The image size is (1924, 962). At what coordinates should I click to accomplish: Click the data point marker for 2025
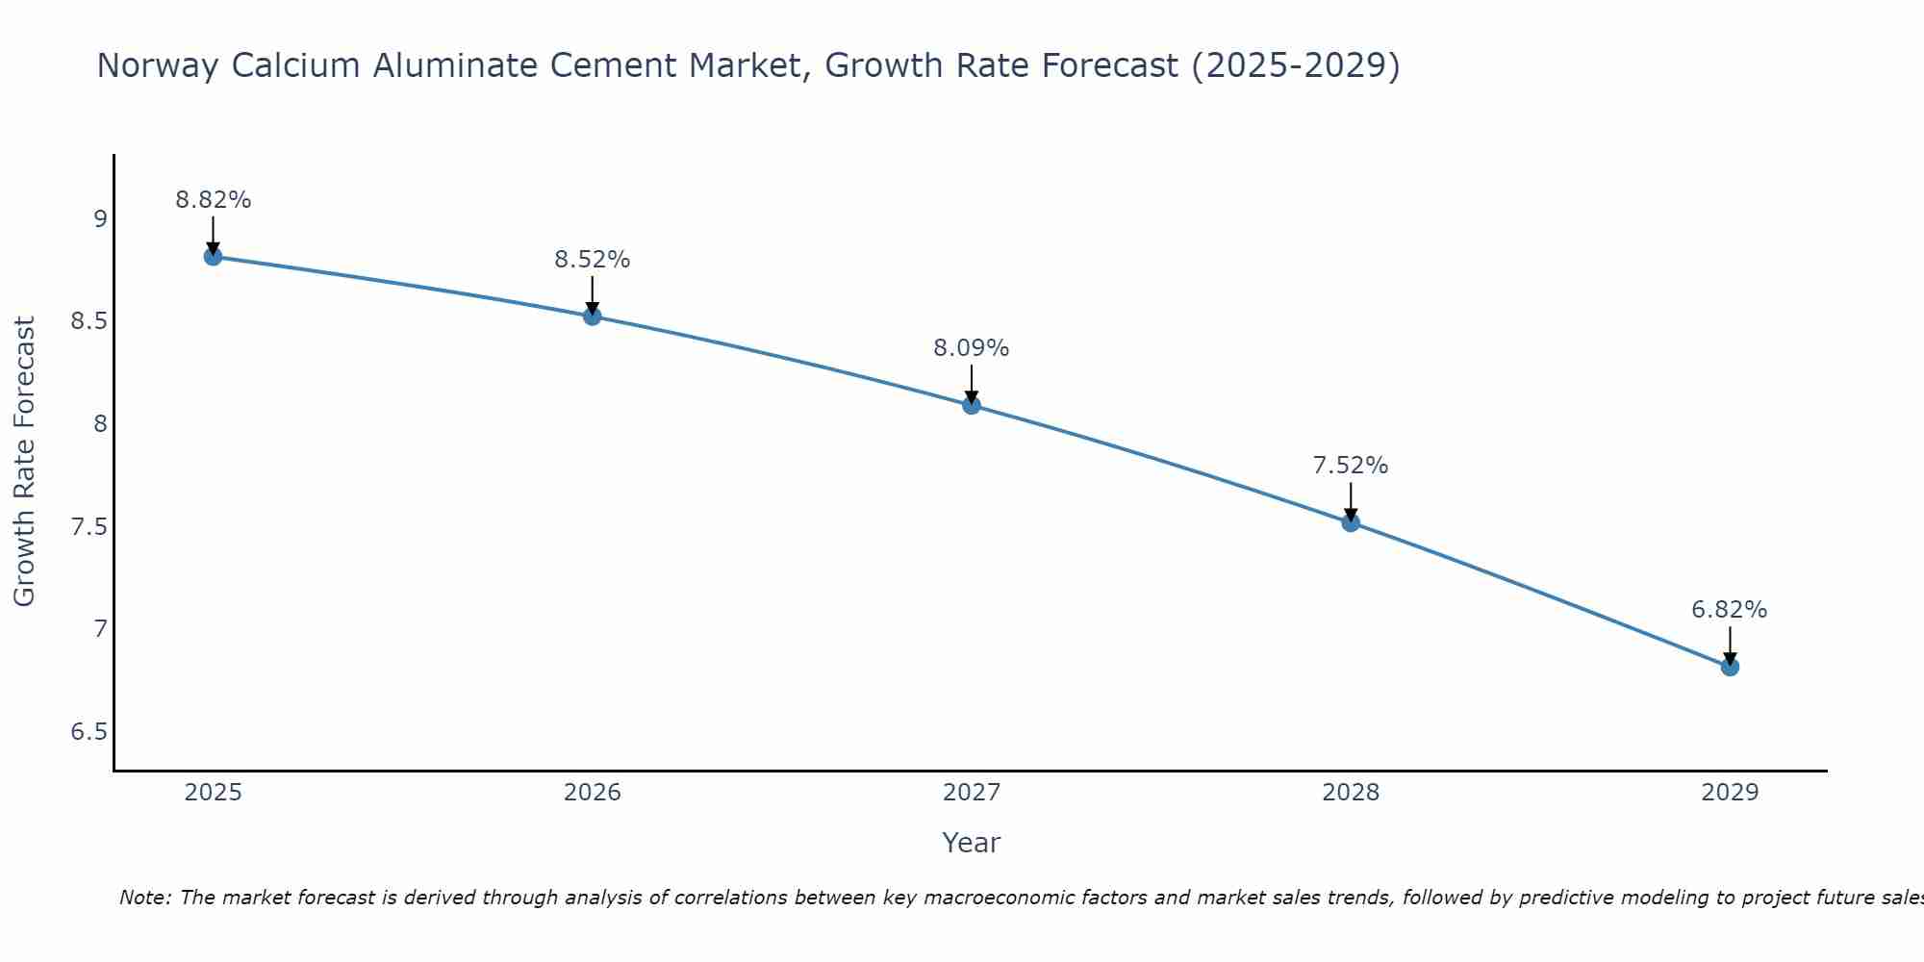point(213,256)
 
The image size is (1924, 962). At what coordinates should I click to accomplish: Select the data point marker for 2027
point(972,405)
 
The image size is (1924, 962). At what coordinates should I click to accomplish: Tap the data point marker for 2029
point(1730,667)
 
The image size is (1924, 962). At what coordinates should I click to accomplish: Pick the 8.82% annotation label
point(213,200)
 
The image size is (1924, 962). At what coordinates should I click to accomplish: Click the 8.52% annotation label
point(592,260)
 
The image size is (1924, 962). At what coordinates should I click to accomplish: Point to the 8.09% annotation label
point(972,348)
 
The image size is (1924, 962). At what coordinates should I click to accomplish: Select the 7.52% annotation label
point(1351,466)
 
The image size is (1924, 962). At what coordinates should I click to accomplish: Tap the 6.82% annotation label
point(1730,610)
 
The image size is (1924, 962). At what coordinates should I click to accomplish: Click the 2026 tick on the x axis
point(592,793)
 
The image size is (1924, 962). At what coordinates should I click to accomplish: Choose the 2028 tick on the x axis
point(1351,793)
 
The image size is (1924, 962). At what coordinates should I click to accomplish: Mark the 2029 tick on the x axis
point(1730,793)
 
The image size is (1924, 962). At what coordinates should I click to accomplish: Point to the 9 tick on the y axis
point(100,219)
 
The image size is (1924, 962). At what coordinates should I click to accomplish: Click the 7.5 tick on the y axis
point(89,527)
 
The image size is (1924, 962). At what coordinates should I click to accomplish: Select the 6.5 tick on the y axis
point(89,732)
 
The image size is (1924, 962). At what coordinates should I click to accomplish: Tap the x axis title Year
point(972,843)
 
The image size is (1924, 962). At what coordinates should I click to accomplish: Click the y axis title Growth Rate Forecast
point(25,462)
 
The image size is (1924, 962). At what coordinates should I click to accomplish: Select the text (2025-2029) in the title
point(1295,65)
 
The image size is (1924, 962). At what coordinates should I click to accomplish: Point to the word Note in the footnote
point(144,898)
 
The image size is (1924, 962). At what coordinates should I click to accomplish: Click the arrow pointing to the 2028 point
point(1351,501)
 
